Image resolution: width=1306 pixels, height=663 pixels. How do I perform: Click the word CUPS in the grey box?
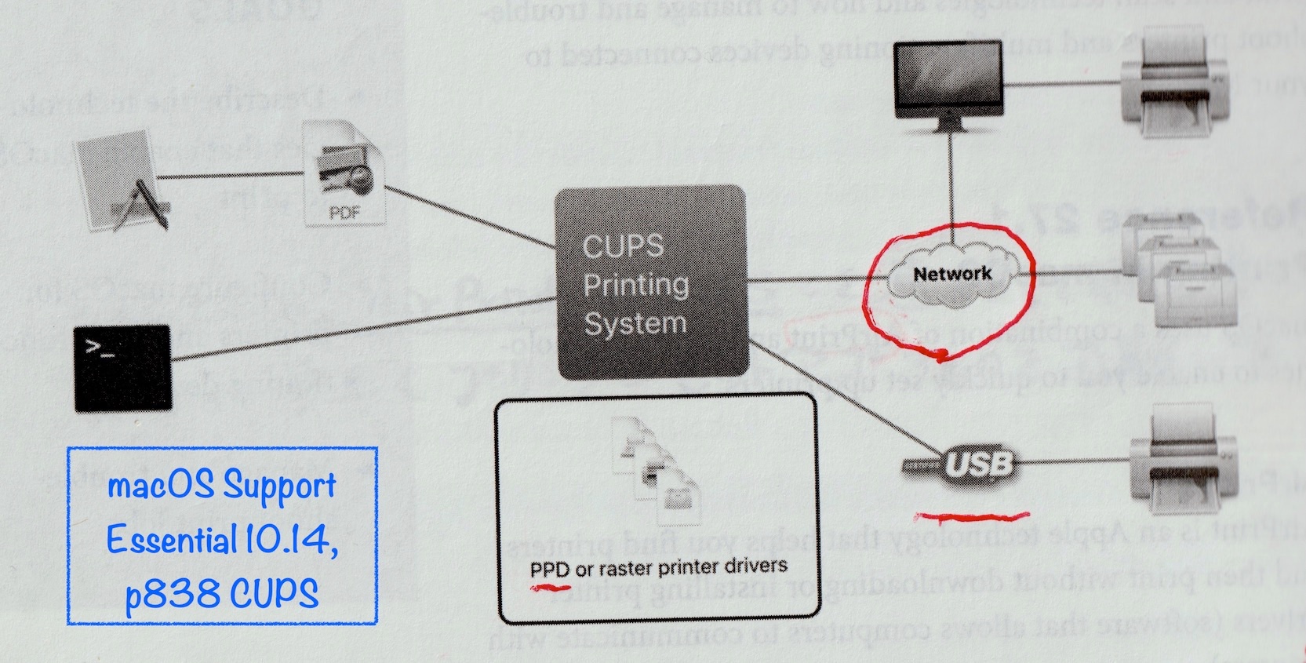point(623,246)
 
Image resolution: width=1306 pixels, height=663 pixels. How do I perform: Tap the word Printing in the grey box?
point(635,284)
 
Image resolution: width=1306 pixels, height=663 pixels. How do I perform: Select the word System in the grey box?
point(635,322)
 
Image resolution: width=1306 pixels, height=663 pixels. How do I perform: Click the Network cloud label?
point(952,274)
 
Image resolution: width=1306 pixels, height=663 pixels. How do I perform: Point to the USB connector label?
point(978,464)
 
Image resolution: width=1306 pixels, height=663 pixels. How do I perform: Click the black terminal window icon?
point(122,368)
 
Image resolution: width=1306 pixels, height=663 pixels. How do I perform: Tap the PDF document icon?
point(344,173)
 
